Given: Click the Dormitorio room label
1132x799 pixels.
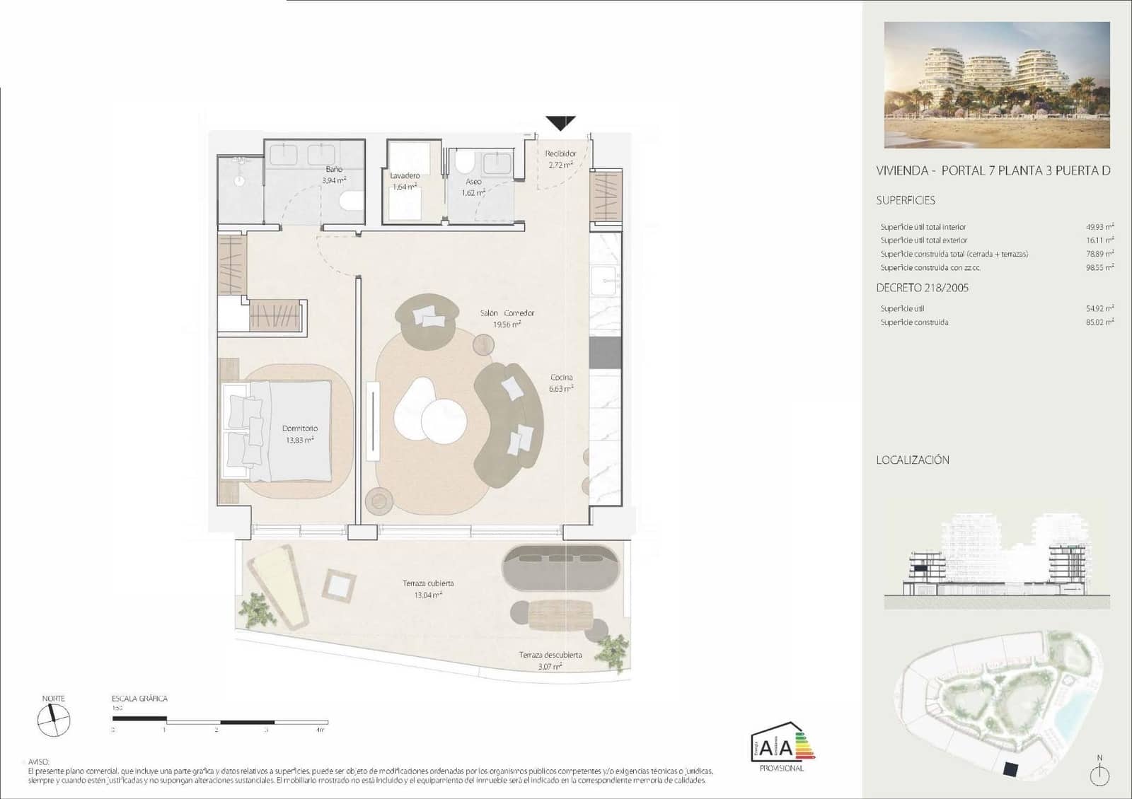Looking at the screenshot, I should click(300, 428).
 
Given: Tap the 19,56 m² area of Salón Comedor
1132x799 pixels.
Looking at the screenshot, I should click(507, 325).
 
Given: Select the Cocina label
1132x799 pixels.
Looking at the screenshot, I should click(561, 377).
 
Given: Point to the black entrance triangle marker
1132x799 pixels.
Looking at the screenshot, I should click(560, 123).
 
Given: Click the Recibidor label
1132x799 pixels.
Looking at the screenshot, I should click(560, 153).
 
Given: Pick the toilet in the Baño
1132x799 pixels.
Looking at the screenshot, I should click(350, 202).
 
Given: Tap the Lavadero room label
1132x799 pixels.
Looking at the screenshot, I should click(405, 175).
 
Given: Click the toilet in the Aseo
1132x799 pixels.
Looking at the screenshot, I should click(464, 162).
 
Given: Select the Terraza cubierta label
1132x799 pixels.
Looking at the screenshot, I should click(428, 583).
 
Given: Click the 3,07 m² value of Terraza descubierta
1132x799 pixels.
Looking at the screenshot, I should click(550, 666).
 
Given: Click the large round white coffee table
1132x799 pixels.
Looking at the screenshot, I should click(444, 421).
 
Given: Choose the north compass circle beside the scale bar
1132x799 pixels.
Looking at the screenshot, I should click(54, 721).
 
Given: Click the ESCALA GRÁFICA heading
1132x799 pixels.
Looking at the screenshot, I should click(139, 699).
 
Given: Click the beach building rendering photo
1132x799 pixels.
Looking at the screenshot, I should click(997, 85).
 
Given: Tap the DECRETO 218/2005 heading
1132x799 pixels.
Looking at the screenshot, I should click(922, 288).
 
